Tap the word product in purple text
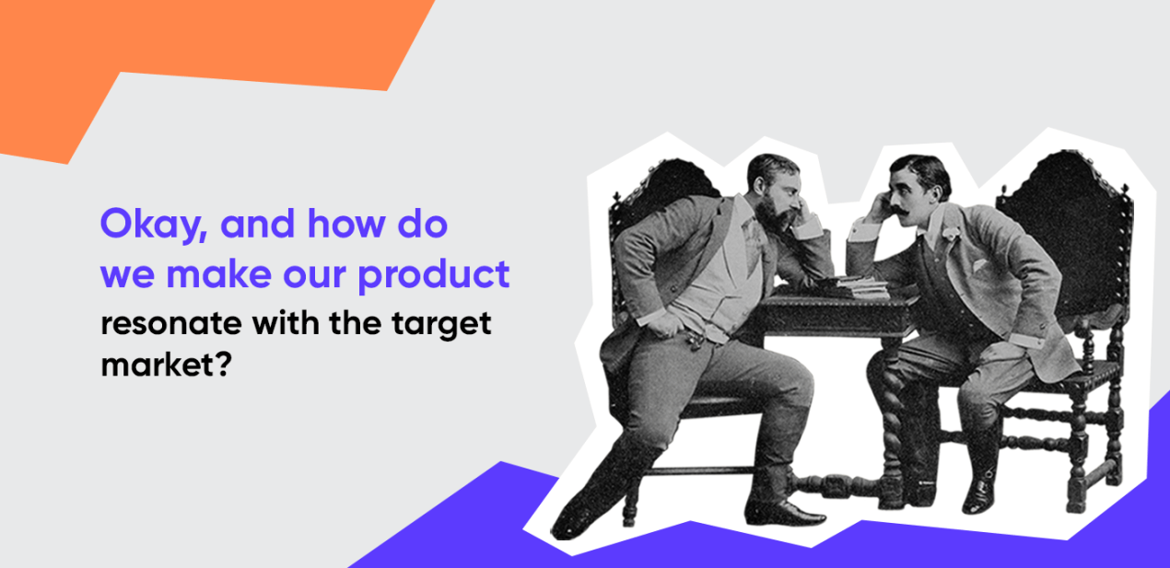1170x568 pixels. pyautogui.click(x=434, y=275)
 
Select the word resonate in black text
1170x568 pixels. pyautogui.click(x=171, y=323)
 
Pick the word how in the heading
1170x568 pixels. pyautogui.click(x=345, y=223)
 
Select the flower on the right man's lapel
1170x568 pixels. pyautogui.click(x=949, y=233)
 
